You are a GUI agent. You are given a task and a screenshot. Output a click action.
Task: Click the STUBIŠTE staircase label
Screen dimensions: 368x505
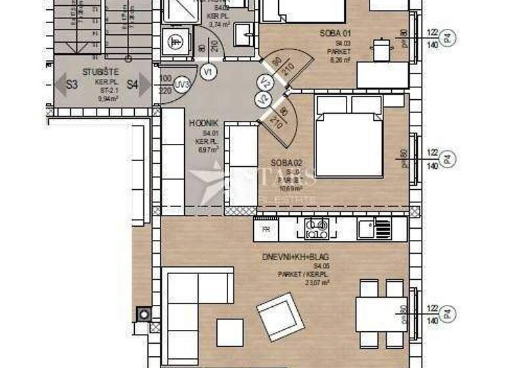pos(101,72)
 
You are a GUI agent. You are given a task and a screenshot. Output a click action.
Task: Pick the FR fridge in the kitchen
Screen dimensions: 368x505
pos(266,229)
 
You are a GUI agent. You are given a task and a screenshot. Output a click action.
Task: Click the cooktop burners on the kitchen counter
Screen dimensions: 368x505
pos(316,229)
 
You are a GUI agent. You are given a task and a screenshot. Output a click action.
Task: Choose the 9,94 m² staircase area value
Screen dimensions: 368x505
pos(101,98)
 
